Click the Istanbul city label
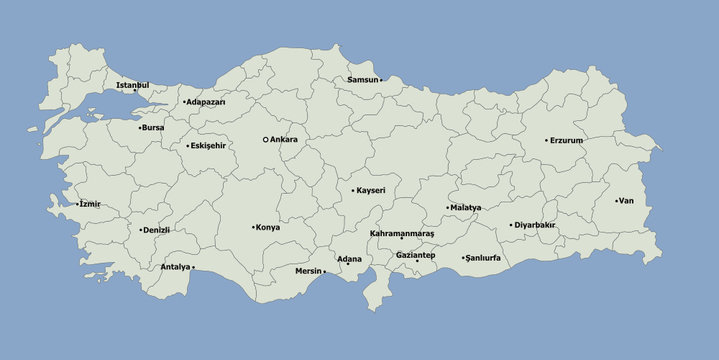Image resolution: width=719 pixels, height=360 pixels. (132, 85)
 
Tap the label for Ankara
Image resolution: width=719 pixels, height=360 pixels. (284, 139)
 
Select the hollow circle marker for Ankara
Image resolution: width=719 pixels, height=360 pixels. (265, 139)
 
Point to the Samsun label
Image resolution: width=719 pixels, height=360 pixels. (362, 79)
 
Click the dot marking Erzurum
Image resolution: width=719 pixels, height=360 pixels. (547, 140)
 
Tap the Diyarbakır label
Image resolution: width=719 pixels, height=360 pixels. (535, 225)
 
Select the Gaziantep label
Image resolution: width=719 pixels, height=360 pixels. (415, 254)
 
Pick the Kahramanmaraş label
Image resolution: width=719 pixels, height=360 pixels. (402, 233)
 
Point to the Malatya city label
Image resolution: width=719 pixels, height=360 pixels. (466, 207)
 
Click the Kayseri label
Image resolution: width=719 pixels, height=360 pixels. (371, 190)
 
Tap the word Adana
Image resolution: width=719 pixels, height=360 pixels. (349, 259)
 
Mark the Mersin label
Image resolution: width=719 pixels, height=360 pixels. (308, 271)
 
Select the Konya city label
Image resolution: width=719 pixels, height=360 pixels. (268, 227)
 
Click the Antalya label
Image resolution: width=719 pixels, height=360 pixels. (175, 267)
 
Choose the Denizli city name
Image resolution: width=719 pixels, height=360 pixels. (157, 229)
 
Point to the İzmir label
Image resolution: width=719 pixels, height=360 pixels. (90, 204)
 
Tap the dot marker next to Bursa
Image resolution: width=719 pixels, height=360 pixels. (140, 128)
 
